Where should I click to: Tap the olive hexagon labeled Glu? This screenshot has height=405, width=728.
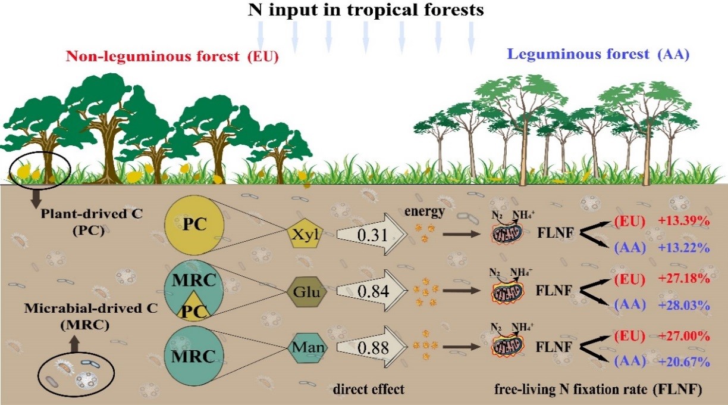coord(305,291)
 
